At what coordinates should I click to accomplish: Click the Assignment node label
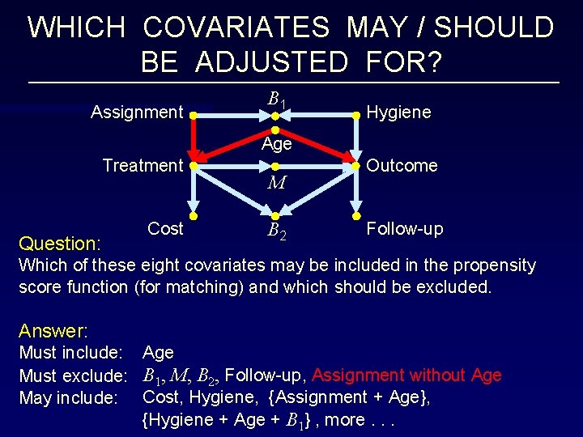click(x=137, y=112)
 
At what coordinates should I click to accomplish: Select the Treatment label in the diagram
click(x=143, y=166)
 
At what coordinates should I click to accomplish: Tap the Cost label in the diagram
click(x=165, y=229)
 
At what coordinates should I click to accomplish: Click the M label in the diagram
click(x=276, y=183)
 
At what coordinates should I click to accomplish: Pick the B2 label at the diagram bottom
click(x=276, y=234)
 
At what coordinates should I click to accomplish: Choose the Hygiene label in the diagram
click(x=398, y=112)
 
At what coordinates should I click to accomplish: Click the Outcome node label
click(x=402, y=166)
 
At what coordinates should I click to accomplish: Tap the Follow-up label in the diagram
click(x=405, y=229)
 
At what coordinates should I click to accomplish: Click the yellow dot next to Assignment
click(x=194, y=116)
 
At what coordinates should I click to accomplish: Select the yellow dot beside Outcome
click(x=355, y=166)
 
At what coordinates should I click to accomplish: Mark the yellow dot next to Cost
click(x=194, y=216)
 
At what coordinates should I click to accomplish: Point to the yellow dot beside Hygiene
click(x=355, y=116)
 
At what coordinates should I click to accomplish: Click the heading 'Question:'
click(x=59, y=244)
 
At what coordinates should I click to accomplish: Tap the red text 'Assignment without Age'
click(x=406, y=375)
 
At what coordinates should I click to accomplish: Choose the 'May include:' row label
click(x=69, y=398)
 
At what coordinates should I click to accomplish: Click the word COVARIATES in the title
click(x=236, y=28)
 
